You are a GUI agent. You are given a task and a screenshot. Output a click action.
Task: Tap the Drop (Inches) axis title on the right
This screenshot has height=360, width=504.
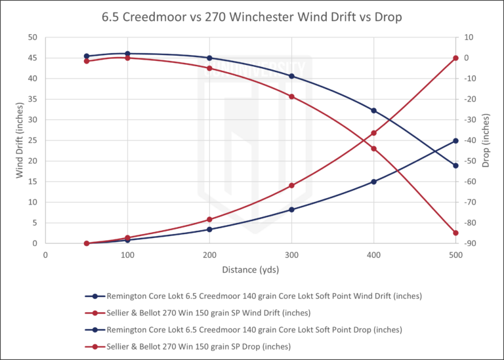[x=486, y=140]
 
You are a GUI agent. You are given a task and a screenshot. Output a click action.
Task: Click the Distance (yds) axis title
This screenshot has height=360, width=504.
[x=250, y=268]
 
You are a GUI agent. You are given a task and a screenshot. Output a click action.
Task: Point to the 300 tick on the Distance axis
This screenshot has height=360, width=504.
[x=291, y=253]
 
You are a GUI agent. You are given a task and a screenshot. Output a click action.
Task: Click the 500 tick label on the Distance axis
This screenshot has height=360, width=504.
[x=455, y=253]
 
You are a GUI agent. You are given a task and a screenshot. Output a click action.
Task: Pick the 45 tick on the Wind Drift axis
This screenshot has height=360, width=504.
[x=32, y=58]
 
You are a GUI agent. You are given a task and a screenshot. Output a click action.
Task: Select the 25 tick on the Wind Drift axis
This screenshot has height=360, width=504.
[x=32, y=140]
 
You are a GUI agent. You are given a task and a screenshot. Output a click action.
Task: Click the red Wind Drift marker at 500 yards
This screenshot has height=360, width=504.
[x=455, y=58]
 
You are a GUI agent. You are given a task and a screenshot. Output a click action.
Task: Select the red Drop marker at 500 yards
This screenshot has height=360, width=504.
[x=455, y=233]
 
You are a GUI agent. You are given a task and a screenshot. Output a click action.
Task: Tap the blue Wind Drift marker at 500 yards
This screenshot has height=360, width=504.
[x=455, y=140]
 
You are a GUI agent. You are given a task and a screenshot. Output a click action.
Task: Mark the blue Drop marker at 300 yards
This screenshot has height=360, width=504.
[x=291, y=76]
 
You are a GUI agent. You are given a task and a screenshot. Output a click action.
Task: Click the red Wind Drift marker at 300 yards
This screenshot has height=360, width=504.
[x=291, y=186]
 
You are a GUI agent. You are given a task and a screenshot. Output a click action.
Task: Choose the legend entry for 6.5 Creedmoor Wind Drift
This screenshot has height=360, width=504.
[x=252, y=296]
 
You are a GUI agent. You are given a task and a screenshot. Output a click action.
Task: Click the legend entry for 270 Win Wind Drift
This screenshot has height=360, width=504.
[x=252, y=312]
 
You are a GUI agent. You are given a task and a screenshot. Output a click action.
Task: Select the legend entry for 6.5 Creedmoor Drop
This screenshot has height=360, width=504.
[x=252, y=329]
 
